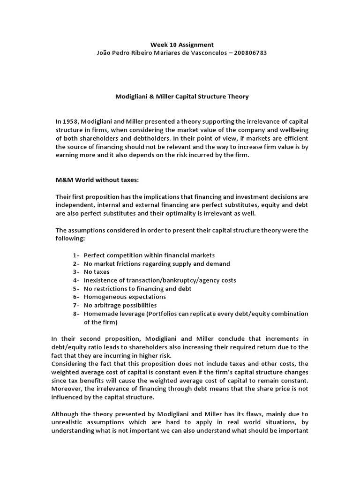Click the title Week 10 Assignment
182,45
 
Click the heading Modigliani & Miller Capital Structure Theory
182,97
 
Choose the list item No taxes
97,272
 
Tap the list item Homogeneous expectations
125,297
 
